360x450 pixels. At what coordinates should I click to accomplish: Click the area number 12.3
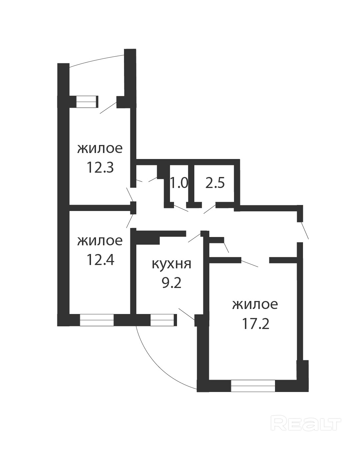click(100, 167)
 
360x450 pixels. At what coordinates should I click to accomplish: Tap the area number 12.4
click(100, 260)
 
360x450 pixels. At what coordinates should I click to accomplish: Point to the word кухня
click(171, 264)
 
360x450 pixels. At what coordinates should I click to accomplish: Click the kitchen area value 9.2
click(172, 283)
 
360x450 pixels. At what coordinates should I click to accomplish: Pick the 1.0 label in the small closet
click(179, 183)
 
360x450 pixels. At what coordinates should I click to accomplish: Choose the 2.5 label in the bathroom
click(215, 183)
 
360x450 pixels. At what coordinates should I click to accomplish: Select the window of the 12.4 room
click(97, 320)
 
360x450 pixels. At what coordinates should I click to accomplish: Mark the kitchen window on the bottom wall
click(162, 320)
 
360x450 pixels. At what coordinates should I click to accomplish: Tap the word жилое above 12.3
click(100, 149)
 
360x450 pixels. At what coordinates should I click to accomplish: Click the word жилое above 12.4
click(100, 241)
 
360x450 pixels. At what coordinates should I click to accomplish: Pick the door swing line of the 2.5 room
click(210, 209)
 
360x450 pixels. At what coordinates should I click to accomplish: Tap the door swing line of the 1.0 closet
click(181, 208)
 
